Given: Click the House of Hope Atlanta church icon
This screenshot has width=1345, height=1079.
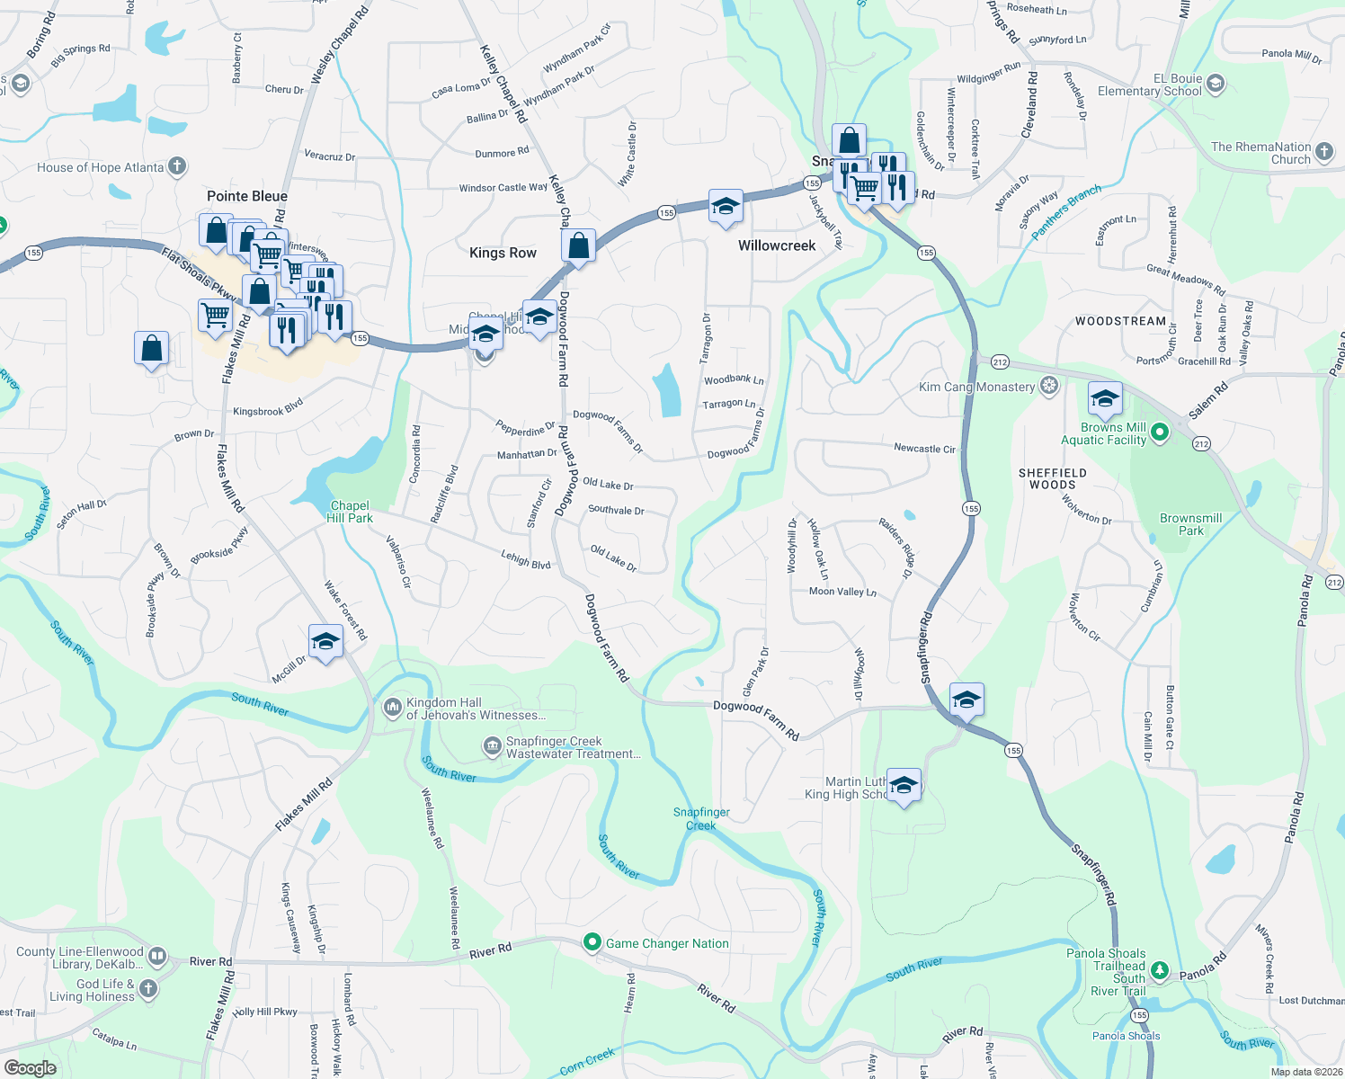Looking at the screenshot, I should [x=177, y=165].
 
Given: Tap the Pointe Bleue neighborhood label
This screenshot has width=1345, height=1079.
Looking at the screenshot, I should [x=247, y=196].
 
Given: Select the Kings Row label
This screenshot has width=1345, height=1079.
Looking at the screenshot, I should [x=503, y=253].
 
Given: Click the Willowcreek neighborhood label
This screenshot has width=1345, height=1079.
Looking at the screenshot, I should [x=777, y=245].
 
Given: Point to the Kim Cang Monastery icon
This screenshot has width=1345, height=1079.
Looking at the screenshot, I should [x=1048, y=387].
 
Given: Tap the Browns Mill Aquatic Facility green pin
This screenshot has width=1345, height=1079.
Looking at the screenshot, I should [x=1160, y=432].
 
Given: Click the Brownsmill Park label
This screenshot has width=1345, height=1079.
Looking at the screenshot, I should [x=1190, y=524].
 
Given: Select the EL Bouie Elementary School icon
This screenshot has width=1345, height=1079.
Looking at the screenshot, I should [x=1216, y=85].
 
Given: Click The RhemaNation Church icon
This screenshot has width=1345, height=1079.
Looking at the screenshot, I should [x=1324, y=152].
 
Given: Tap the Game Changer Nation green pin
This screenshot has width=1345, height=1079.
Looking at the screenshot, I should [x=592, y=942].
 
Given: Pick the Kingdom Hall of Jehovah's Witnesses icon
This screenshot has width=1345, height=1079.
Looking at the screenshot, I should [x=392, y=708].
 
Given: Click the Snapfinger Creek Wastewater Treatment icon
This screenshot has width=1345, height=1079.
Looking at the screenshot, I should [x=492, y=746].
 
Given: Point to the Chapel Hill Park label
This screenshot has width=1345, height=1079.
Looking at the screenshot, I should [x=350, y=512].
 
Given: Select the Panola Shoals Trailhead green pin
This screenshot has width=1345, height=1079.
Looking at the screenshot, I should [x=1160, y=969].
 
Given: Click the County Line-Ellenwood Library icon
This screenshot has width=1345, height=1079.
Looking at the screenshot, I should [x=157, y=956].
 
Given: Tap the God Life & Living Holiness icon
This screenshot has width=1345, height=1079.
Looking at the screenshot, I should [x=148, y=989].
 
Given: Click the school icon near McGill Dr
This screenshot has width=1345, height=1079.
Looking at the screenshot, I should [x=325, y=642].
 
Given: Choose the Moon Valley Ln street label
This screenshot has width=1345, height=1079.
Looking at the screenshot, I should [x=842, y=592].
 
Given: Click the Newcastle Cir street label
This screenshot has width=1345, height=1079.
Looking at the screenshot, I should [x=924, y=448].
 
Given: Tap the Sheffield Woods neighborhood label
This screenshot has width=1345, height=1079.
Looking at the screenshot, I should [x=1053, y=478].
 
